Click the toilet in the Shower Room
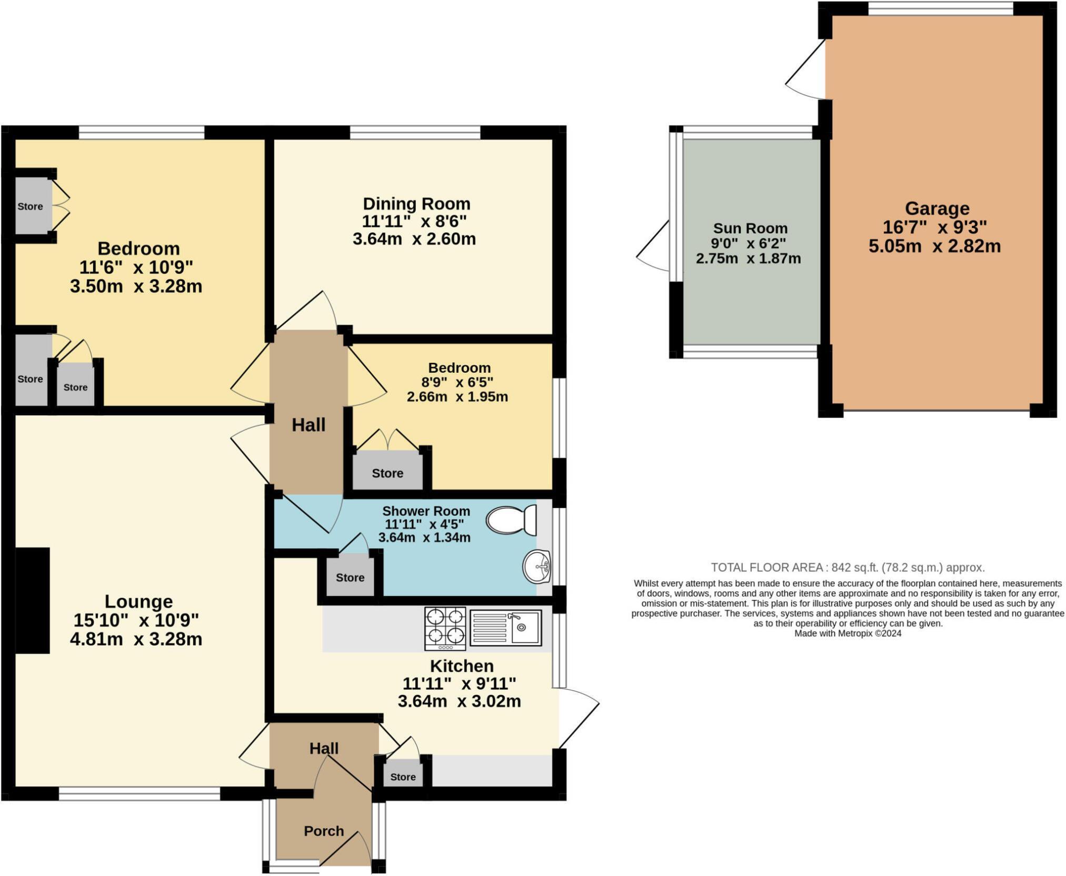[x=511, y=520]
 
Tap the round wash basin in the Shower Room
[x=536, y=566]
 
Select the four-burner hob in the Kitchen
[x=445, y=629]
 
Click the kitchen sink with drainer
[x=505, y=627]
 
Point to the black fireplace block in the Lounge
[x=33, y=600]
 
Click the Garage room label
[x=937, y=208]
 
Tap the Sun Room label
[x=750, y=228]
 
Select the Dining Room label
[x=416, y=204]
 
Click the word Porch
[x=324, y=831]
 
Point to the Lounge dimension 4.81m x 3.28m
[x=136, y=639]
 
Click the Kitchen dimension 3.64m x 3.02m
[x=459, y=701]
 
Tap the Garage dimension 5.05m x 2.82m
[x=934, y=246]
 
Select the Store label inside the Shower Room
[x=350, y=578]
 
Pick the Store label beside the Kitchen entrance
[x=403, y=777]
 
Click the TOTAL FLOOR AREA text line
[x=848, y=568]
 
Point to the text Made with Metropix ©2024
[x=848, y=633]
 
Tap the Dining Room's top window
[x=415, y=132]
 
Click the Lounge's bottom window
[x=140, y=793]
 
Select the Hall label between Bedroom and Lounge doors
[x=308, y=425]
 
